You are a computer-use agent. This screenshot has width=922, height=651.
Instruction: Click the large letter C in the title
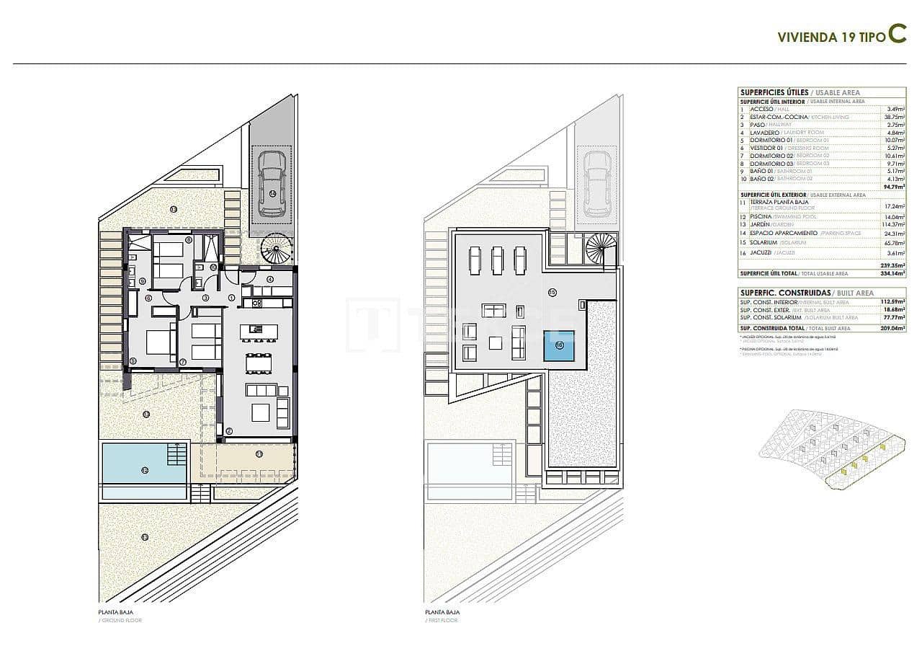click(x=897, y=35)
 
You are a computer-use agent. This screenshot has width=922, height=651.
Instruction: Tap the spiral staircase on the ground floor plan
click(x=277, y=250)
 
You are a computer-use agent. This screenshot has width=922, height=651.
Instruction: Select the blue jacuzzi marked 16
click(x=559, y=346)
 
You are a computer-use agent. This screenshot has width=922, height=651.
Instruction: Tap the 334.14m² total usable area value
click(x=893, y=274)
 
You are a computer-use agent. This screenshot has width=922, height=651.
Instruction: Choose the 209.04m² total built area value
click(x=893, y=328)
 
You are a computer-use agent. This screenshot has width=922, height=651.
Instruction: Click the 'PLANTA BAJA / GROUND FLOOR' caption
click(x=120, y=616)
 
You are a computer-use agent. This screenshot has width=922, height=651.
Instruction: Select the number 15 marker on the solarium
click(x=552, y=293)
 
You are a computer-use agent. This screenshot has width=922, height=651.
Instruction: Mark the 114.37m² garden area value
click(x=893, y=225)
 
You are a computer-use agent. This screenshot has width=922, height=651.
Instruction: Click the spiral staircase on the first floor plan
click(x=601, y=249)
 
